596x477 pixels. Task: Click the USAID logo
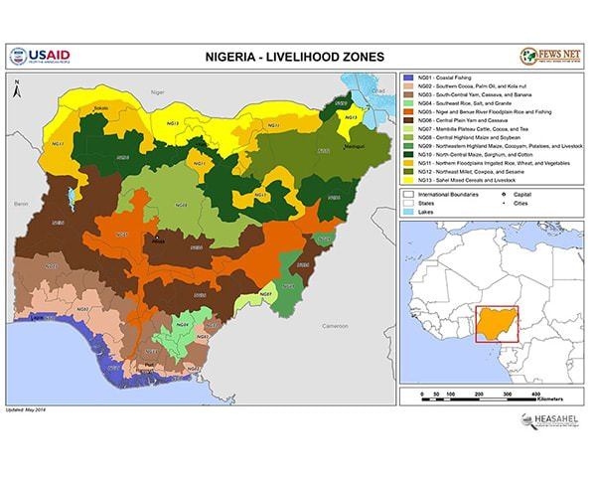pos(39,56)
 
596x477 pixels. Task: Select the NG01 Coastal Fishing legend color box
pos(408,78)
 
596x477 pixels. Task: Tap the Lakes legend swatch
pos(408,212)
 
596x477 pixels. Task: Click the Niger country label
pos(155,90)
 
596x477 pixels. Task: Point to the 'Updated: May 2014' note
pos(27,408)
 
